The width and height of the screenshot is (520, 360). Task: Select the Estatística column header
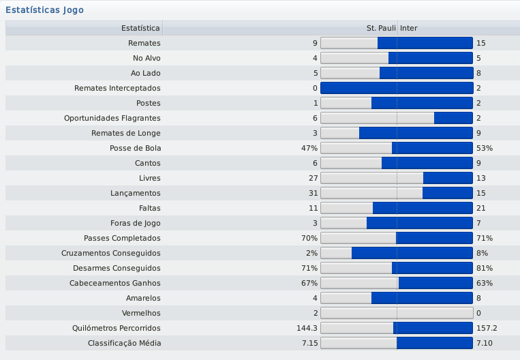(x=140, y=28)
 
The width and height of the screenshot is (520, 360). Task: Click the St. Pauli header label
(x=381, y=28)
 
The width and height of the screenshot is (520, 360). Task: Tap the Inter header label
(x=409, y=28)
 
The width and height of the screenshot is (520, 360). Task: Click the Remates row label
(x=144, y=43)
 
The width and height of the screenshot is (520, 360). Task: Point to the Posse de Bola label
(x=135, y=148)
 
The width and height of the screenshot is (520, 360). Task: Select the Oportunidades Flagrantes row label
(x=112, y=118)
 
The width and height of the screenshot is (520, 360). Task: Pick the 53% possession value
(x=484, y=148)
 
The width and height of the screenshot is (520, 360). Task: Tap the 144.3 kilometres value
(x=306, y=328)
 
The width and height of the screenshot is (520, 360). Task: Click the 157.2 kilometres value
(x=487, y=328)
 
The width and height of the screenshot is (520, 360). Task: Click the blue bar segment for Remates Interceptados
(x=397, y=88)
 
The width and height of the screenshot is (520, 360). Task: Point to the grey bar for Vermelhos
(x=397, y=313)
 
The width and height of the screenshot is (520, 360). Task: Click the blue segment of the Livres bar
(x=448, y=178)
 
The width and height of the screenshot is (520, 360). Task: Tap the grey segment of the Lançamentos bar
(x=371, y=193)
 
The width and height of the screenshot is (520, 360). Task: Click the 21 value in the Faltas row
(x=481, y=208)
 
